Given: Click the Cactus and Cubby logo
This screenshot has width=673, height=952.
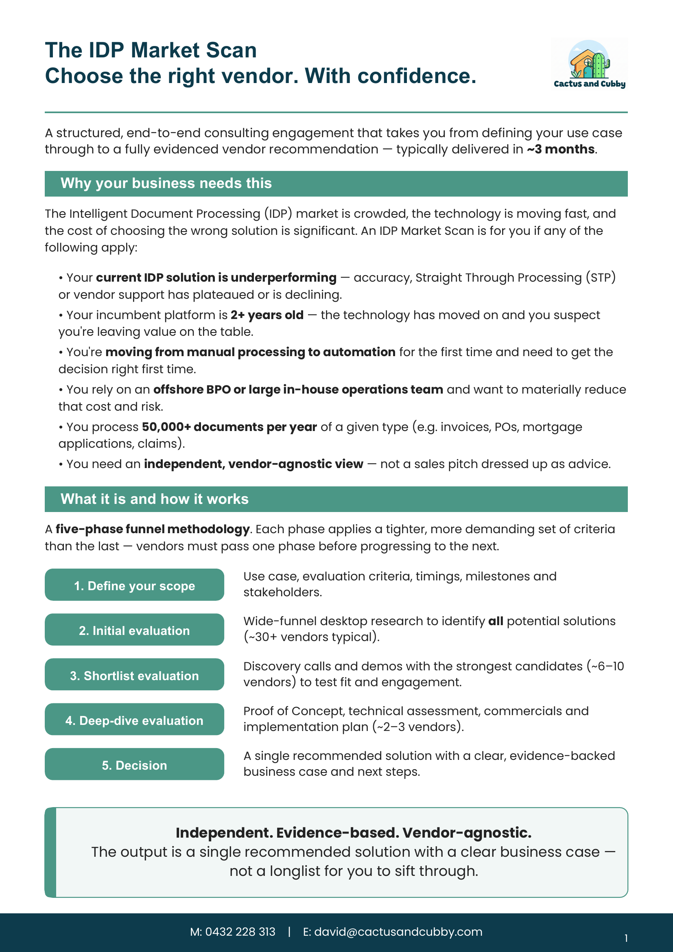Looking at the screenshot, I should [x=589, y=64].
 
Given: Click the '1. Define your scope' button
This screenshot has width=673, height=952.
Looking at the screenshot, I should [x=134, y=585].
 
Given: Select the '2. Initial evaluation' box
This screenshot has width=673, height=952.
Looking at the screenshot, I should [x=134, y=630].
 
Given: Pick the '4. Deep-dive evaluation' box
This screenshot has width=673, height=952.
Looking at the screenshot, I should [x=134, y=720].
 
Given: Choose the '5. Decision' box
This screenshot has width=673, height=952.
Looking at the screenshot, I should [x=134, y=765].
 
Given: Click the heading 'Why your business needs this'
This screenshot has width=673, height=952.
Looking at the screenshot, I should [x=166, y=183].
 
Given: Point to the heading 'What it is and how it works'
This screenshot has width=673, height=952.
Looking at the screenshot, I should [x=154, y=499].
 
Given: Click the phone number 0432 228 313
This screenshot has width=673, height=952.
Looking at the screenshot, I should [x=240, y=932].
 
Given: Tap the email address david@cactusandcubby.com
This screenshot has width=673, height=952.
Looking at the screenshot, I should [x=398, y=932].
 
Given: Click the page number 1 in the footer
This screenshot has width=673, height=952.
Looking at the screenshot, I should [x=626, y=938].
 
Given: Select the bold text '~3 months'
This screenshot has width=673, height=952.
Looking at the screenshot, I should [x=560, y=149].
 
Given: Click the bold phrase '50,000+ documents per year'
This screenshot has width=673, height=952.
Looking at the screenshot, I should [x=229, y=427].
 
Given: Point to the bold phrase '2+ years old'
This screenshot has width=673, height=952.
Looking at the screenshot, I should [x=267, y=315].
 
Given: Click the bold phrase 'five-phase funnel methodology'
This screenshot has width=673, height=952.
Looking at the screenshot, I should [x=152, y=529].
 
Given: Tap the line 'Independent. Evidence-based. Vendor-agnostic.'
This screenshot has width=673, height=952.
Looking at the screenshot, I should [x=353, y=833].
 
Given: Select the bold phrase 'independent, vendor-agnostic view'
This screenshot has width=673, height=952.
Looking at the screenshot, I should [x=253, y=464].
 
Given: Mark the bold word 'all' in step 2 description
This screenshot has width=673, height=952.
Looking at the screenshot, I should [x=496, y=621].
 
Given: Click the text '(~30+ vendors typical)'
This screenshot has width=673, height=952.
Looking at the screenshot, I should [x=311, y=637].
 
